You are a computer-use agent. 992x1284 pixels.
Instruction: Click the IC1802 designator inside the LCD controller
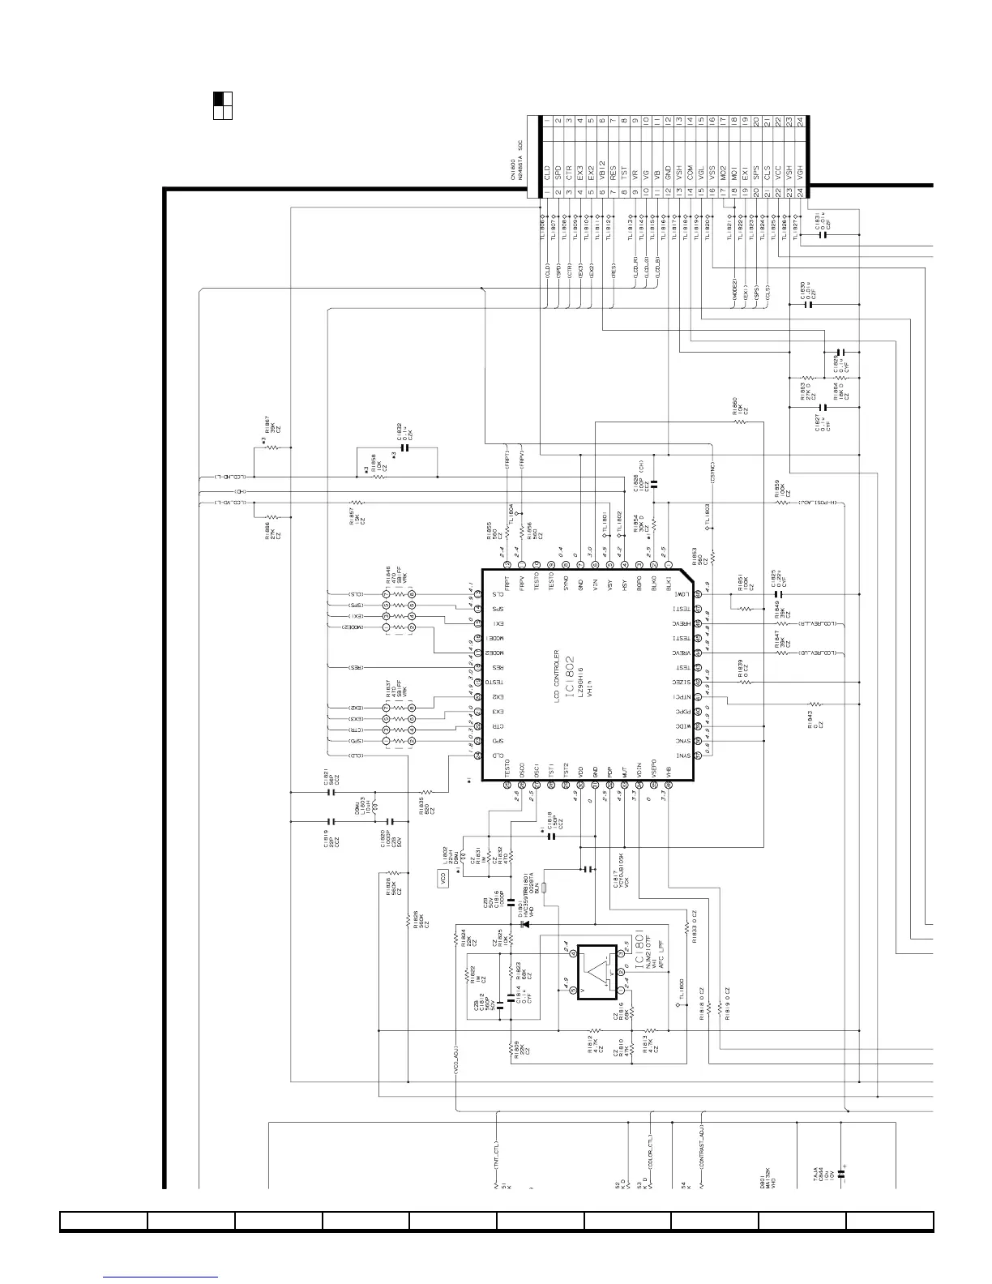[x=570, y=672]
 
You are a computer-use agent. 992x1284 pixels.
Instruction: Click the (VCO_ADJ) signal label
[x=458, y=1057]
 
